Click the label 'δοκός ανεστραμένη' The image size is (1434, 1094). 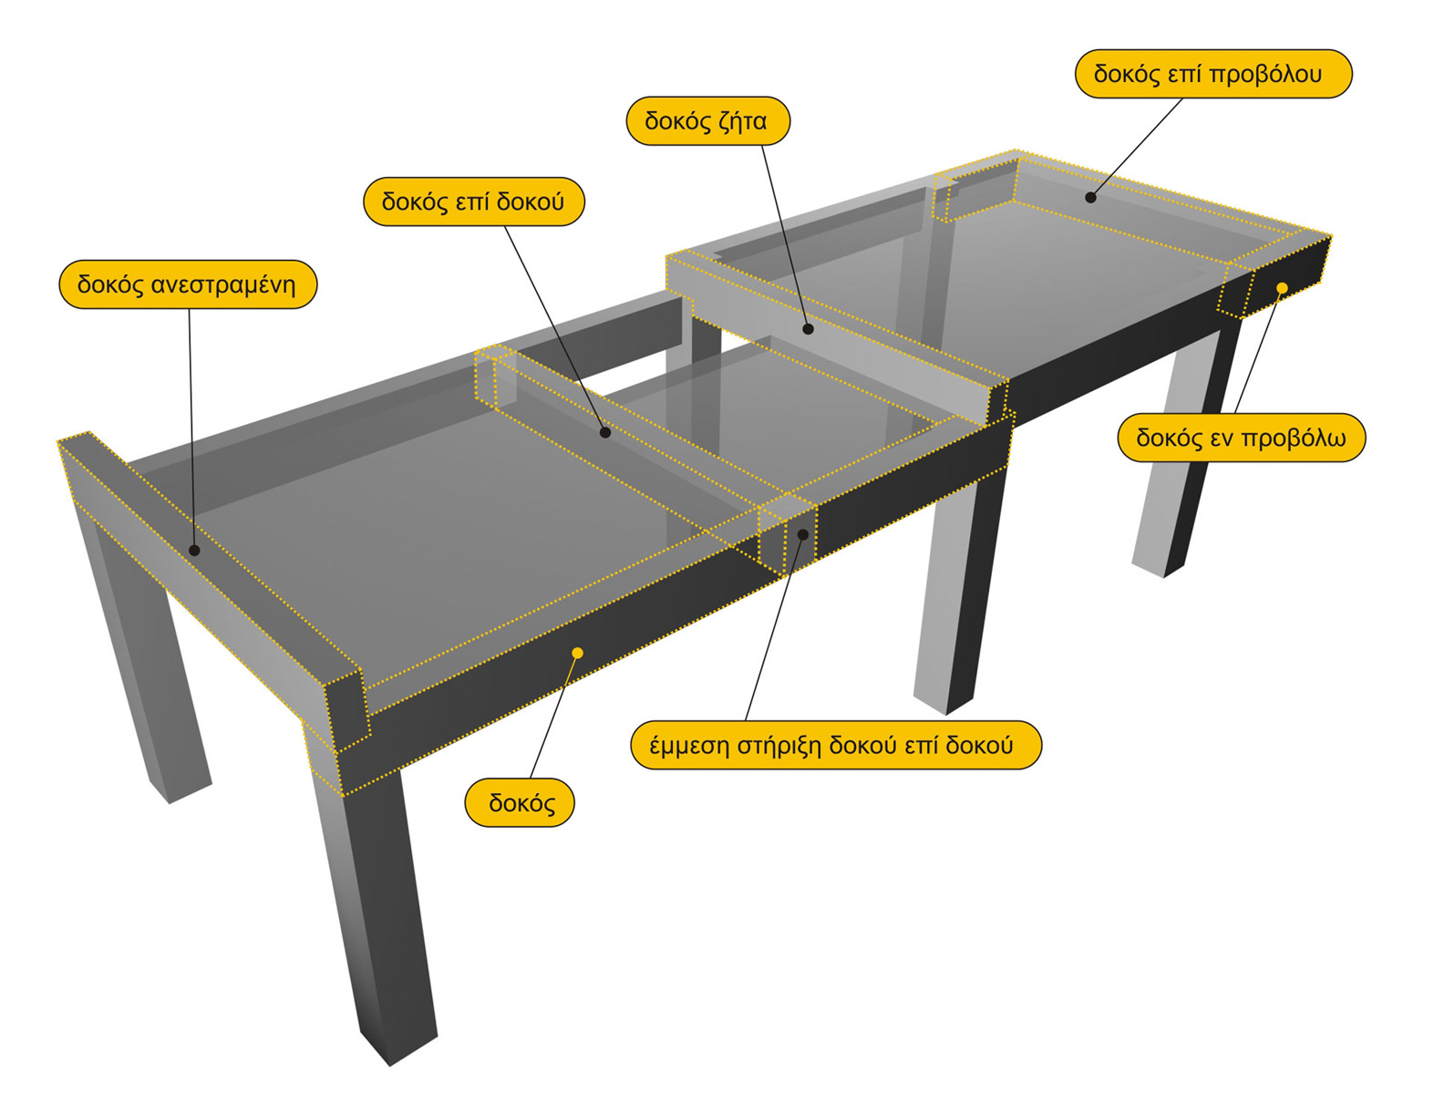click(x=188, y=284)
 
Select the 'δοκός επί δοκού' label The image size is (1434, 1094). click(x=474, y=201)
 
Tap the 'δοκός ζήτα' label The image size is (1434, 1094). click(x=708, y=121)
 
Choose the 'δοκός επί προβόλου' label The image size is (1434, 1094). click(x=1213, y=74)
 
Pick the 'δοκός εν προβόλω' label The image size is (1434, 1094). click(x=1242, y=438)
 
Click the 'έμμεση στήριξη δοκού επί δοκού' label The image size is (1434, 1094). click(x=836, y=745)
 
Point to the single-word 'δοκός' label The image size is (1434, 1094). click(x=520, y=802)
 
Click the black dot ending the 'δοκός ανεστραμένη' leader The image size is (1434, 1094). click(x=194, y=551)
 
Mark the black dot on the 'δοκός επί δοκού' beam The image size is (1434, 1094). click(x=605, y=432)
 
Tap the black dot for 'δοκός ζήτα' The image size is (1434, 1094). click(x=808, y=329)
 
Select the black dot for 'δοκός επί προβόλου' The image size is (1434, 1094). click(x=1090, y=197)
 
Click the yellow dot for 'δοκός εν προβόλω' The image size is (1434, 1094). click(x=1283, y=288)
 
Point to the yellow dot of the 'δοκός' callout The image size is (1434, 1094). click(x=577, y=653)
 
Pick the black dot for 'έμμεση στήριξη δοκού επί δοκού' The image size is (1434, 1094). click(x=803, y=534)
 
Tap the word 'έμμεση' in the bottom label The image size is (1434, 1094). click(x=689, y=746)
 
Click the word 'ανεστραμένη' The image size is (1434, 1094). click(x=223, y=285)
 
